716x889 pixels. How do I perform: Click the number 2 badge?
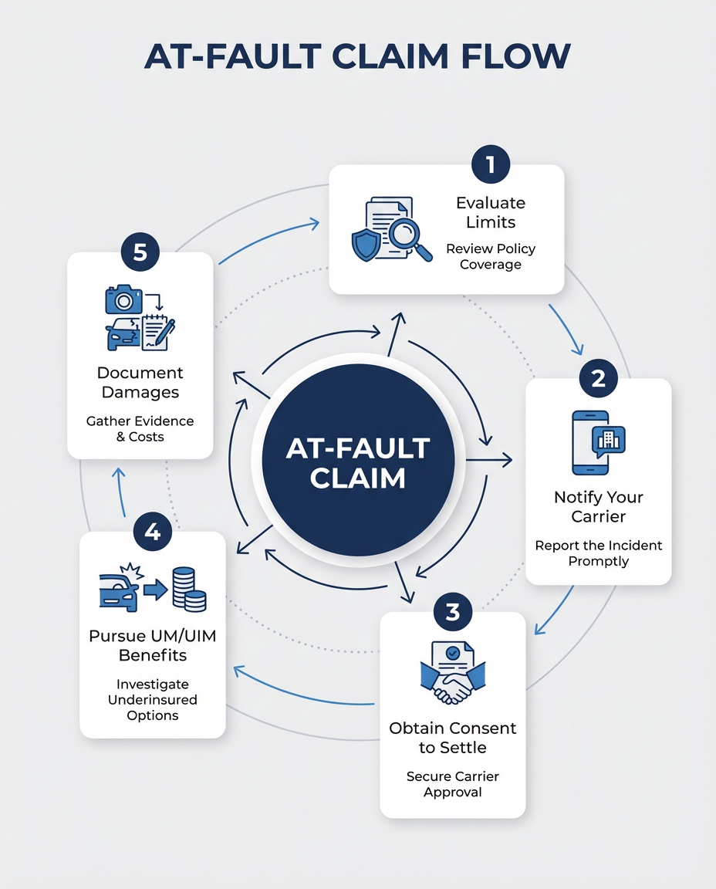coord(598,379)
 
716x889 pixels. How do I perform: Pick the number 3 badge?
coord(452,612)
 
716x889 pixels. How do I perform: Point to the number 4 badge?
coord(152,532)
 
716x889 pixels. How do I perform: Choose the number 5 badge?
coord(140,253)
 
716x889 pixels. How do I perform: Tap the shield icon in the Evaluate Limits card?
coord(365,245)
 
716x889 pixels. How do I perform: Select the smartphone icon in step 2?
coord(591,442)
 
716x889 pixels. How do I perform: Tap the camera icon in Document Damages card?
coord(123,299)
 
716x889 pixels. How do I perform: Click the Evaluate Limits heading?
coord(490,212)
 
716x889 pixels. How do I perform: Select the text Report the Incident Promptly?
coord(598,553)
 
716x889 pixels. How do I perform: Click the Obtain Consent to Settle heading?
coord(452,737)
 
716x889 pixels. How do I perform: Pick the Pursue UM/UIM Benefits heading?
coord(152,646)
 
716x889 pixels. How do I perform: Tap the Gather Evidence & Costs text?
coord(140,428)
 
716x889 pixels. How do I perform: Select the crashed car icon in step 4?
coord(120,593)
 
